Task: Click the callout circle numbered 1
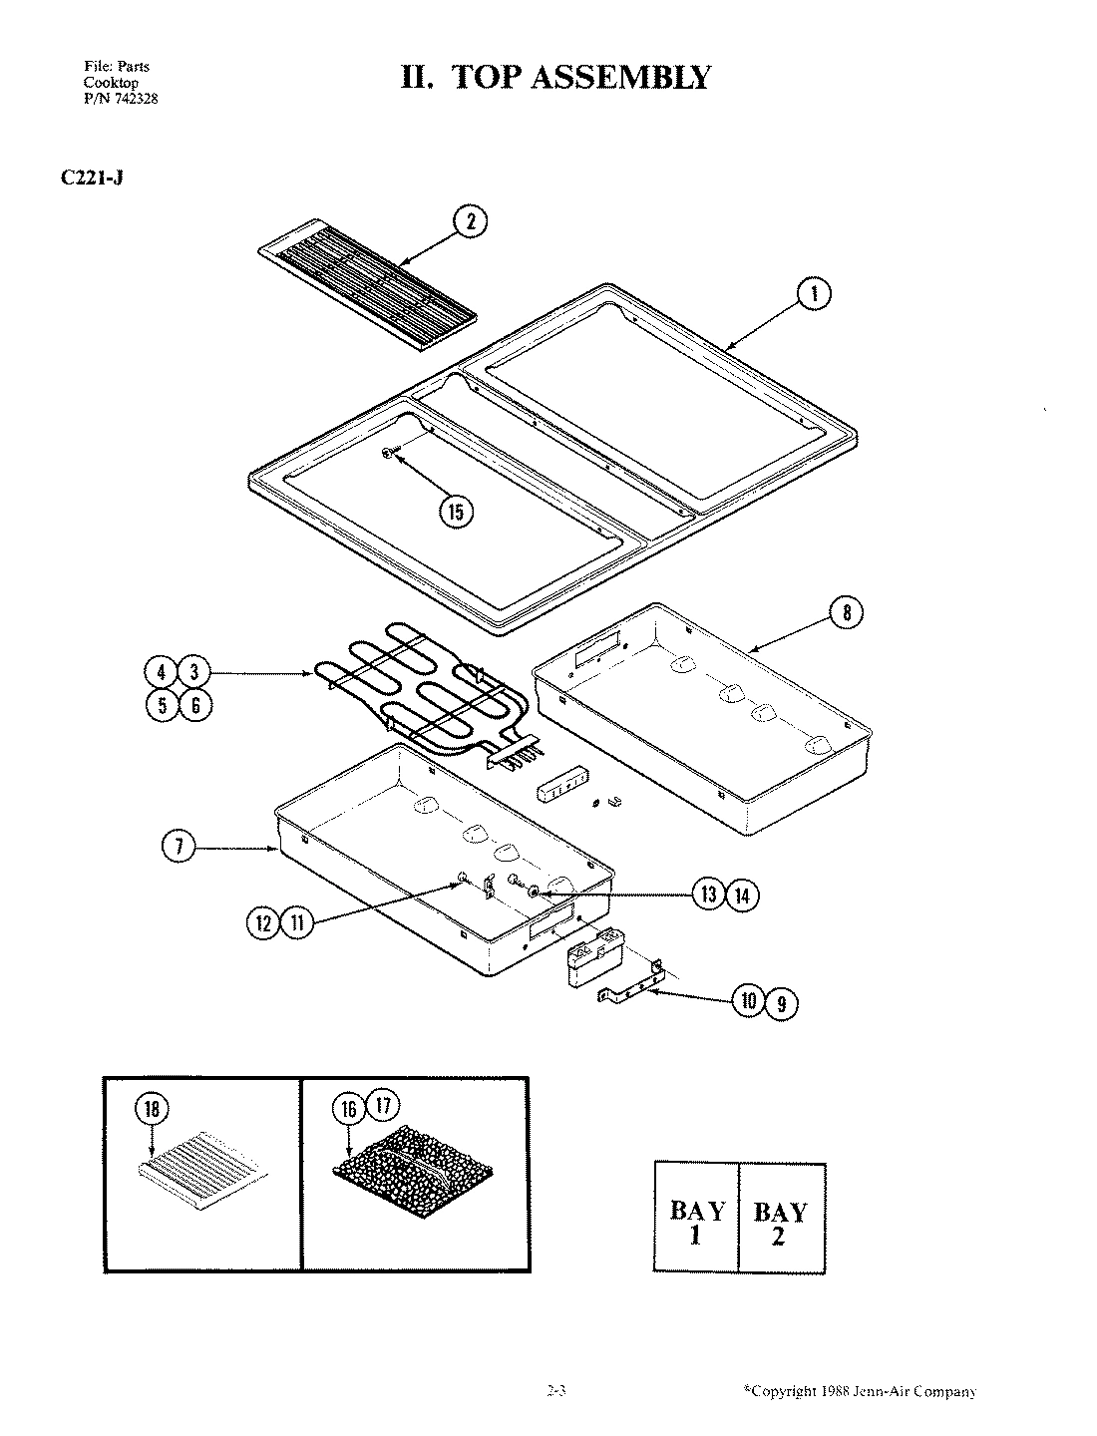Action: (815, 293)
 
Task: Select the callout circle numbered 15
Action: (457, 512)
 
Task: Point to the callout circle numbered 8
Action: (847, 612)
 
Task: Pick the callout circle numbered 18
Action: (152, 1108)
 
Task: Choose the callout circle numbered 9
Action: (781, 1003)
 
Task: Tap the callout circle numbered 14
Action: (741, 895)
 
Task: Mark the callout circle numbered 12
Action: (263, 923)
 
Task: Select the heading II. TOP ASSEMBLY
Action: (555, 77)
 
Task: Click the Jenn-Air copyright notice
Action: (859, 1391)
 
